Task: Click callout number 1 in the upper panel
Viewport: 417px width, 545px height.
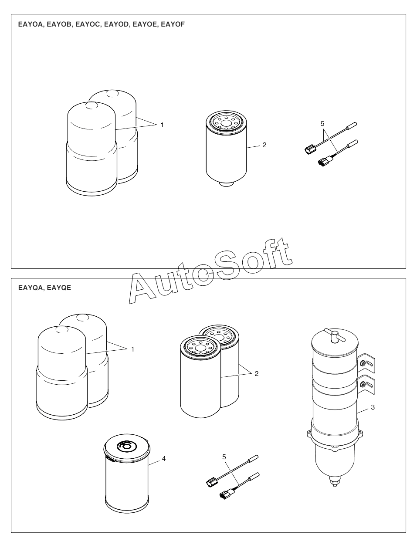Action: click(162, 125)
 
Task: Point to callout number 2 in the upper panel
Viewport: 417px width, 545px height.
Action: click(264, 145)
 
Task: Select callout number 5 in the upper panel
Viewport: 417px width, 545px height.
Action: click(322, 124)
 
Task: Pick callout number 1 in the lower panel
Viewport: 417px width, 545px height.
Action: click(132, 349)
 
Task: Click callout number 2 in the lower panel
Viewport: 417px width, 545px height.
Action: click(257, 373)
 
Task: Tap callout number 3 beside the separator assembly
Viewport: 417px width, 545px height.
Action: click(373, 407)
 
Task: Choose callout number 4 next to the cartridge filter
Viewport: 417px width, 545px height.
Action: click(164, 459)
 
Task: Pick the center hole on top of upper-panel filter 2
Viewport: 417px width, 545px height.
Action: click(226, 123)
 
